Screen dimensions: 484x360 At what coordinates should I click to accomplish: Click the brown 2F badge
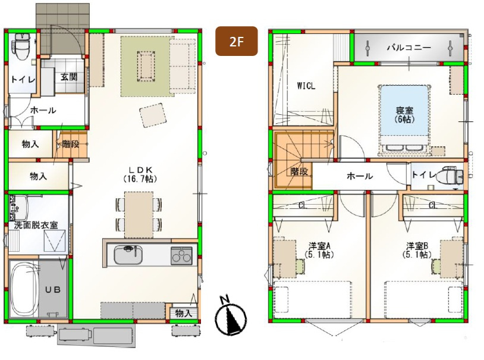coord(237,41)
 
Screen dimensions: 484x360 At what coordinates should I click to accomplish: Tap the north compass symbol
coord(231,316)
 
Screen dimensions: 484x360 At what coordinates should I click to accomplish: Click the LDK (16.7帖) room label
coord(140,174)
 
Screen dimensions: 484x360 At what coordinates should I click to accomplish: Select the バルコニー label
coord(408,48)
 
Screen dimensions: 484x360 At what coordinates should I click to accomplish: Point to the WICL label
coord(306,86)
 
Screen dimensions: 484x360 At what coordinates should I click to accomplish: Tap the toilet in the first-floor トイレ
coord(22,47)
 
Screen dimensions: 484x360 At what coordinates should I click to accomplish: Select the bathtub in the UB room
coord(24,290)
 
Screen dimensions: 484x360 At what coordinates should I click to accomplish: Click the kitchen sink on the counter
coord(128,255)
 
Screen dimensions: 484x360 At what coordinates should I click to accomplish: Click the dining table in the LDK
coord(139,215)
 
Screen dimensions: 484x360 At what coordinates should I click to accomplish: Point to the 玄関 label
coord(69,77)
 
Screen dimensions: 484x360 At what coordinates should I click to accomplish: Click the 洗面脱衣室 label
coord(36,225)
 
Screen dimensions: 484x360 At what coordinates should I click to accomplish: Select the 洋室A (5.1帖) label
coord(319,251)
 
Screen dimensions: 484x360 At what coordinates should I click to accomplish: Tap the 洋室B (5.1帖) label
coord(417,251)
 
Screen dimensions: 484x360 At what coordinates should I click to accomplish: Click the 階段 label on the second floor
coord(299,171)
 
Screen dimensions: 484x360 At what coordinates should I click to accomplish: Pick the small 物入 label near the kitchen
coord(184,314)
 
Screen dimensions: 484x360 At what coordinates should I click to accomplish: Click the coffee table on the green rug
coord(146,67)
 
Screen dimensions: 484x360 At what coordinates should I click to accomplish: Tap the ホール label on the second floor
coord(360,176)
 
